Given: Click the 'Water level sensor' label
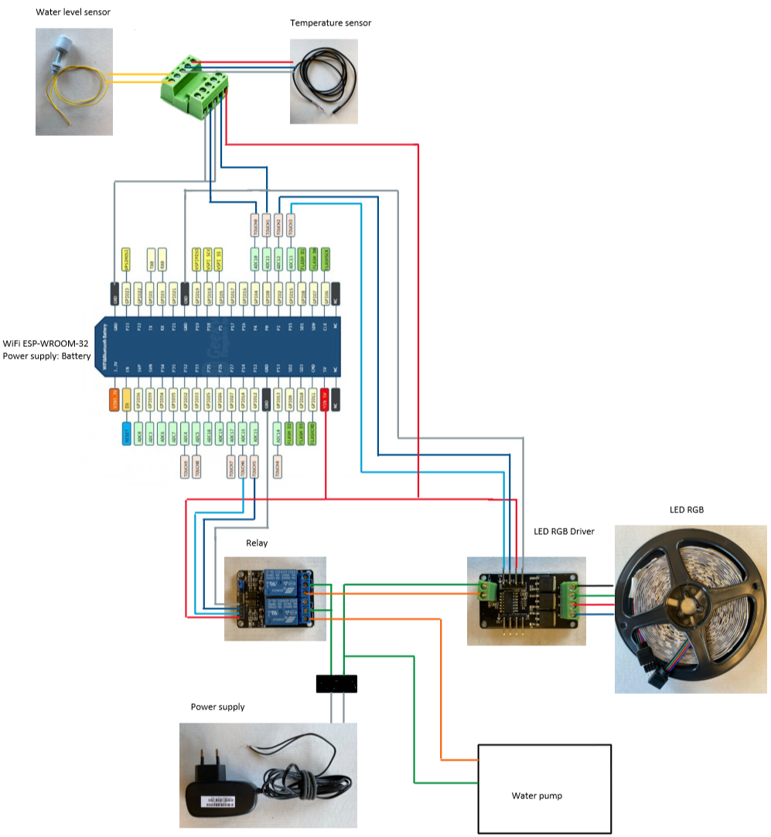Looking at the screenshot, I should [73, 12].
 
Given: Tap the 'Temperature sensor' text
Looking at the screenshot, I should [330, 23].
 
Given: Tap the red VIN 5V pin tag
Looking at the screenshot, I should [325, 400].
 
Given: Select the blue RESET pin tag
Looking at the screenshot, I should [127, 430].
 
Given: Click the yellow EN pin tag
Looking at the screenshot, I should [127, 400].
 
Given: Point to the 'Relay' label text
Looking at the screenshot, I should [257, 543].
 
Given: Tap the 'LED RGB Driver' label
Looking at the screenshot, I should [564, 532].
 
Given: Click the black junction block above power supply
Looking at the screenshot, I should [336, 684].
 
